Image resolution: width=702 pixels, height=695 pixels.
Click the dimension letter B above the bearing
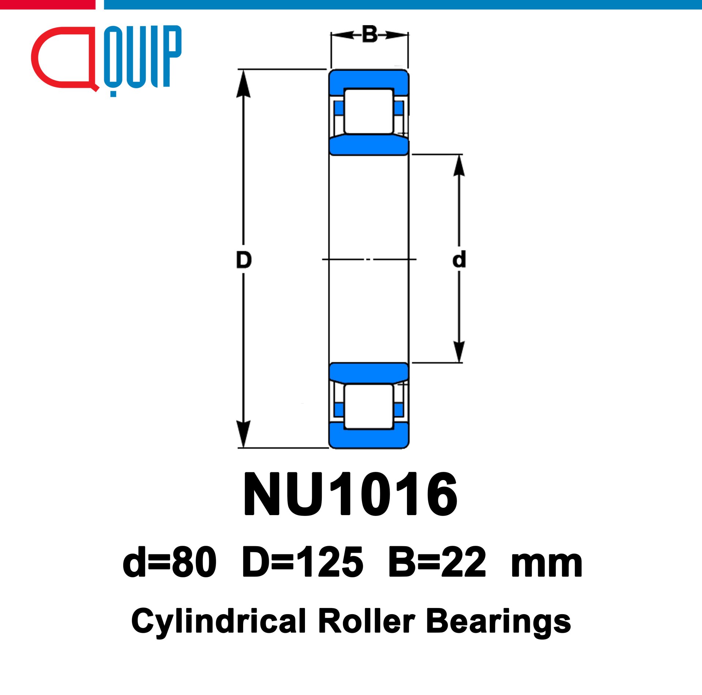point(370,34)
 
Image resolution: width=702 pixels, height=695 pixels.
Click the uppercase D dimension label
point(244,260)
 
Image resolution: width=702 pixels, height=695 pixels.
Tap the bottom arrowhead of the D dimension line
point(244,434)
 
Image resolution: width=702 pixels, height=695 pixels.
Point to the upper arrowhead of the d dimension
point(459,165)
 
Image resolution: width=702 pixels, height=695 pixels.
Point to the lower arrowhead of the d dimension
point(459,352)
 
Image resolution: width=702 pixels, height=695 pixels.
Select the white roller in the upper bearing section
point(369,111)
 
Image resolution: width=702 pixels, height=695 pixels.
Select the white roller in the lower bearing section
point(369,406)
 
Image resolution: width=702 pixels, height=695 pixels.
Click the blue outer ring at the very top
point(369,79)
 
